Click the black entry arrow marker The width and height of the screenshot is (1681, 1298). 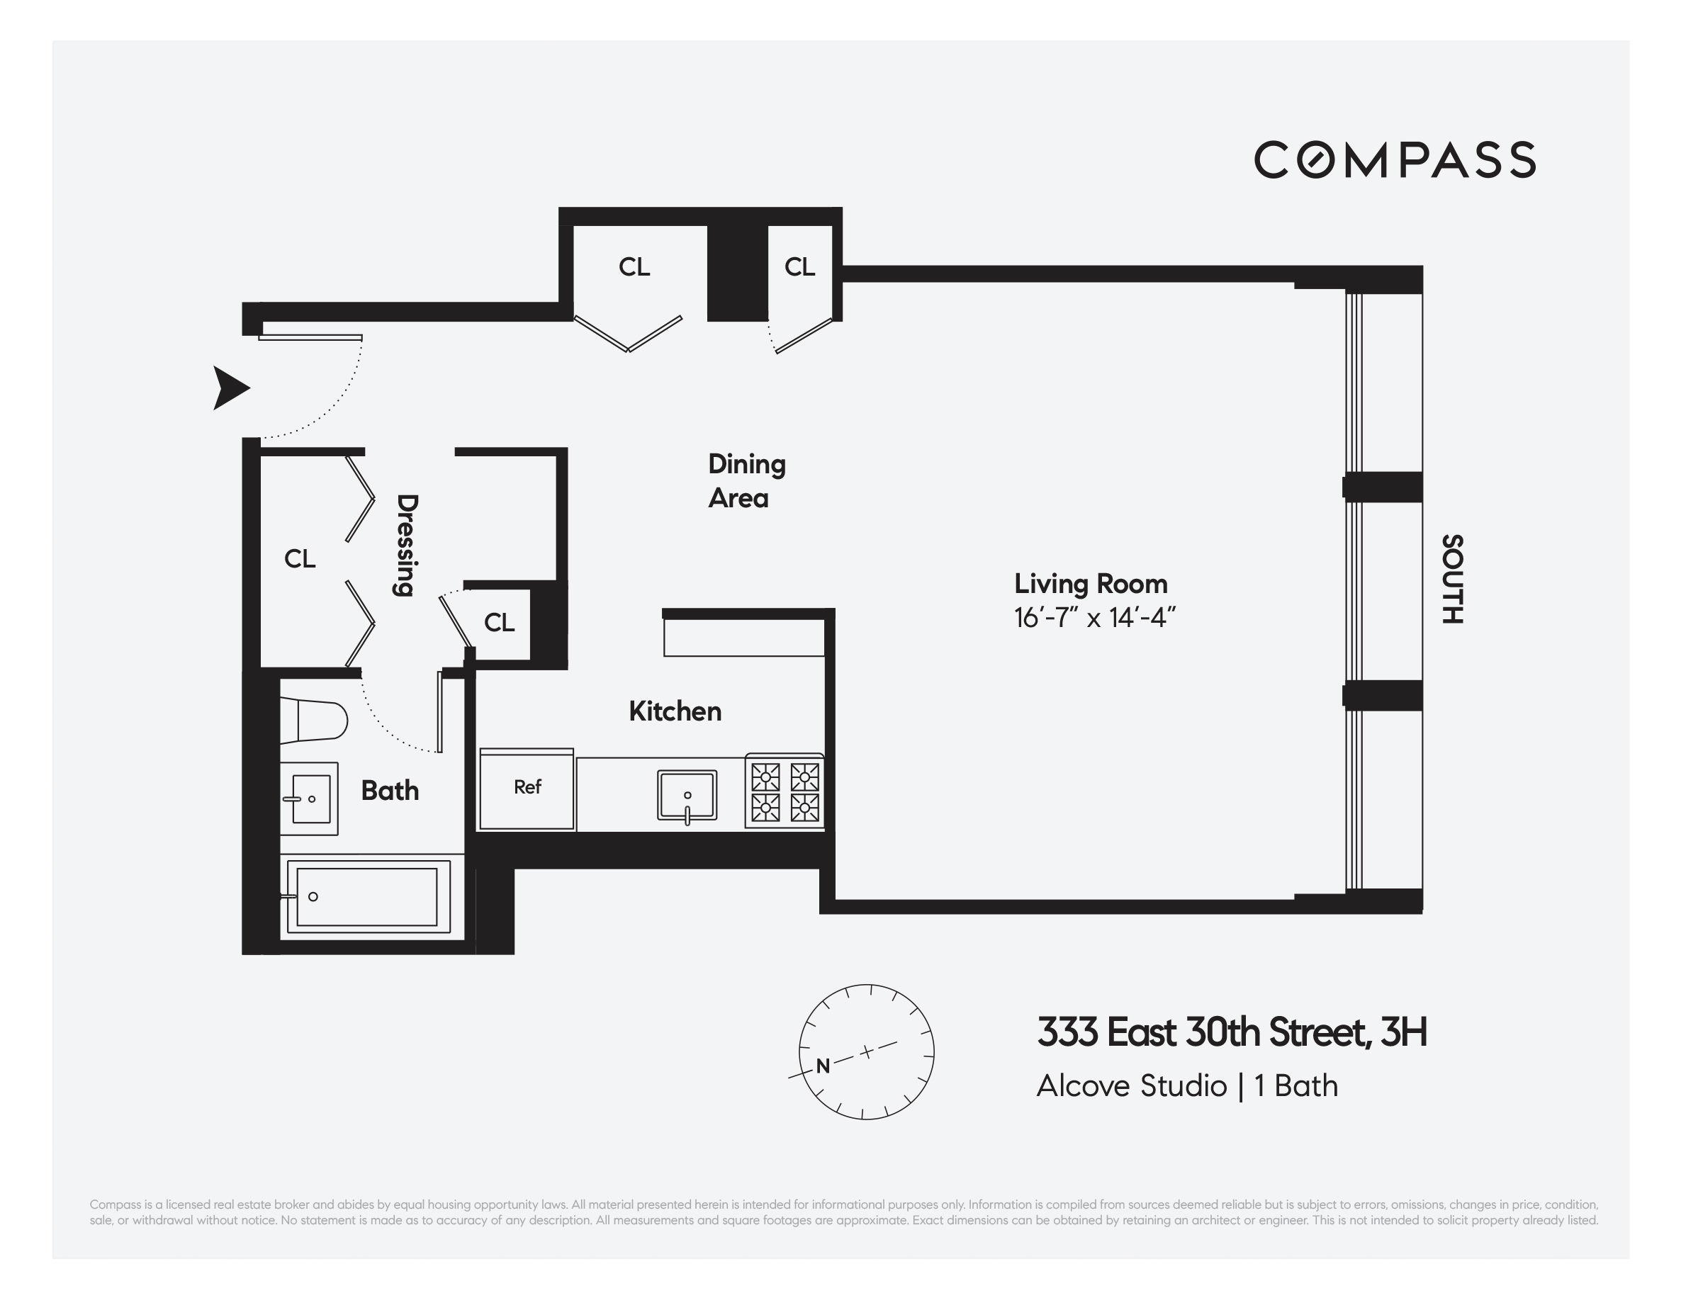[x=230, y=388]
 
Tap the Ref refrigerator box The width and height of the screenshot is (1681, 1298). [x=527, y=788]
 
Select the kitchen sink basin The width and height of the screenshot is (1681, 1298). [x=687, y=796]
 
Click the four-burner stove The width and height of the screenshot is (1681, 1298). [x=785, y=791]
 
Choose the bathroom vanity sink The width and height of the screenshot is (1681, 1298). [x=310, y=799]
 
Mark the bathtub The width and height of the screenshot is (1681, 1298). [x=367, y=896]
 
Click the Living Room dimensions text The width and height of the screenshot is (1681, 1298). [x=1094, y=618]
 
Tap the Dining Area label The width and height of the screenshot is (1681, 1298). [x=746, y=481]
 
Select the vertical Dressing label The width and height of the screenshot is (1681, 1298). [x=405, y=545]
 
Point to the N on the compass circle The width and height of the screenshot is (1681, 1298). [x=823, y=1066]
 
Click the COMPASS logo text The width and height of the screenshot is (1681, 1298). [x=1394, y=160]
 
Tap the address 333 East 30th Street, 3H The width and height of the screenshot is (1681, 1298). [x=1232, y=1032]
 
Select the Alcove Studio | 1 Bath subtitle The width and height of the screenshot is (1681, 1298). [x=1187, y=1085]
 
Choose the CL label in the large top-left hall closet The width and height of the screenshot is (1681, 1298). [x=634, y=267]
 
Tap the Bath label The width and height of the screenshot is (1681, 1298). [x=390, y=791]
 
